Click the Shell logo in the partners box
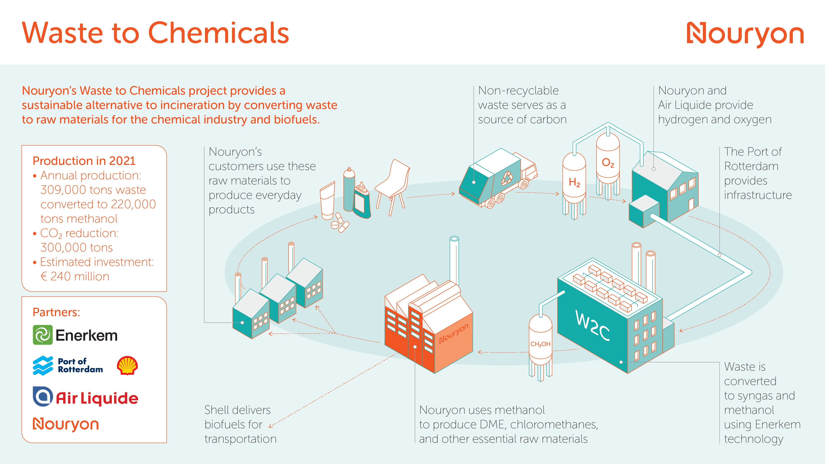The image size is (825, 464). click(x=127, y=365)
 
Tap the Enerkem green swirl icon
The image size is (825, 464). click(x=43, y=335)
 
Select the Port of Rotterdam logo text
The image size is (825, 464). click(x=80, y=365)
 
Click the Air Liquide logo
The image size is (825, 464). click(x=86, y=397)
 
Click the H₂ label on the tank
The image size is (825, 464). click(x=574, y=182)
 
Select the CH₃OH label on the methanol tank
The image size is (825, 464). click(x=540, y=344)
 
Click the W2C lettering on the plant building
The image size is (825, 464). click(x=592, y=325)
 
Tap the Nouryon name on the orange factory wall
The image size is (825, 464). click(x=453, y=334)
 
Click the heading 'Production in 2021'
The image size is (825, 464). click(x=84, y=161)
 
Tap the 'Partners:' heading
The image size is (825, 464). click(x=56, y=312)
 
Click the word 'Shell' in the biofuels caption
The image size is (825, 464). click(x=218, y=410)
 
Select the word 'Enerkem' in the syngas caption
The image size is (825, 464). click(x=778, y=425)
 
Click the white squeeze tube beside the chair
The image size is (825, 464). click(x=327, y=202)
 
